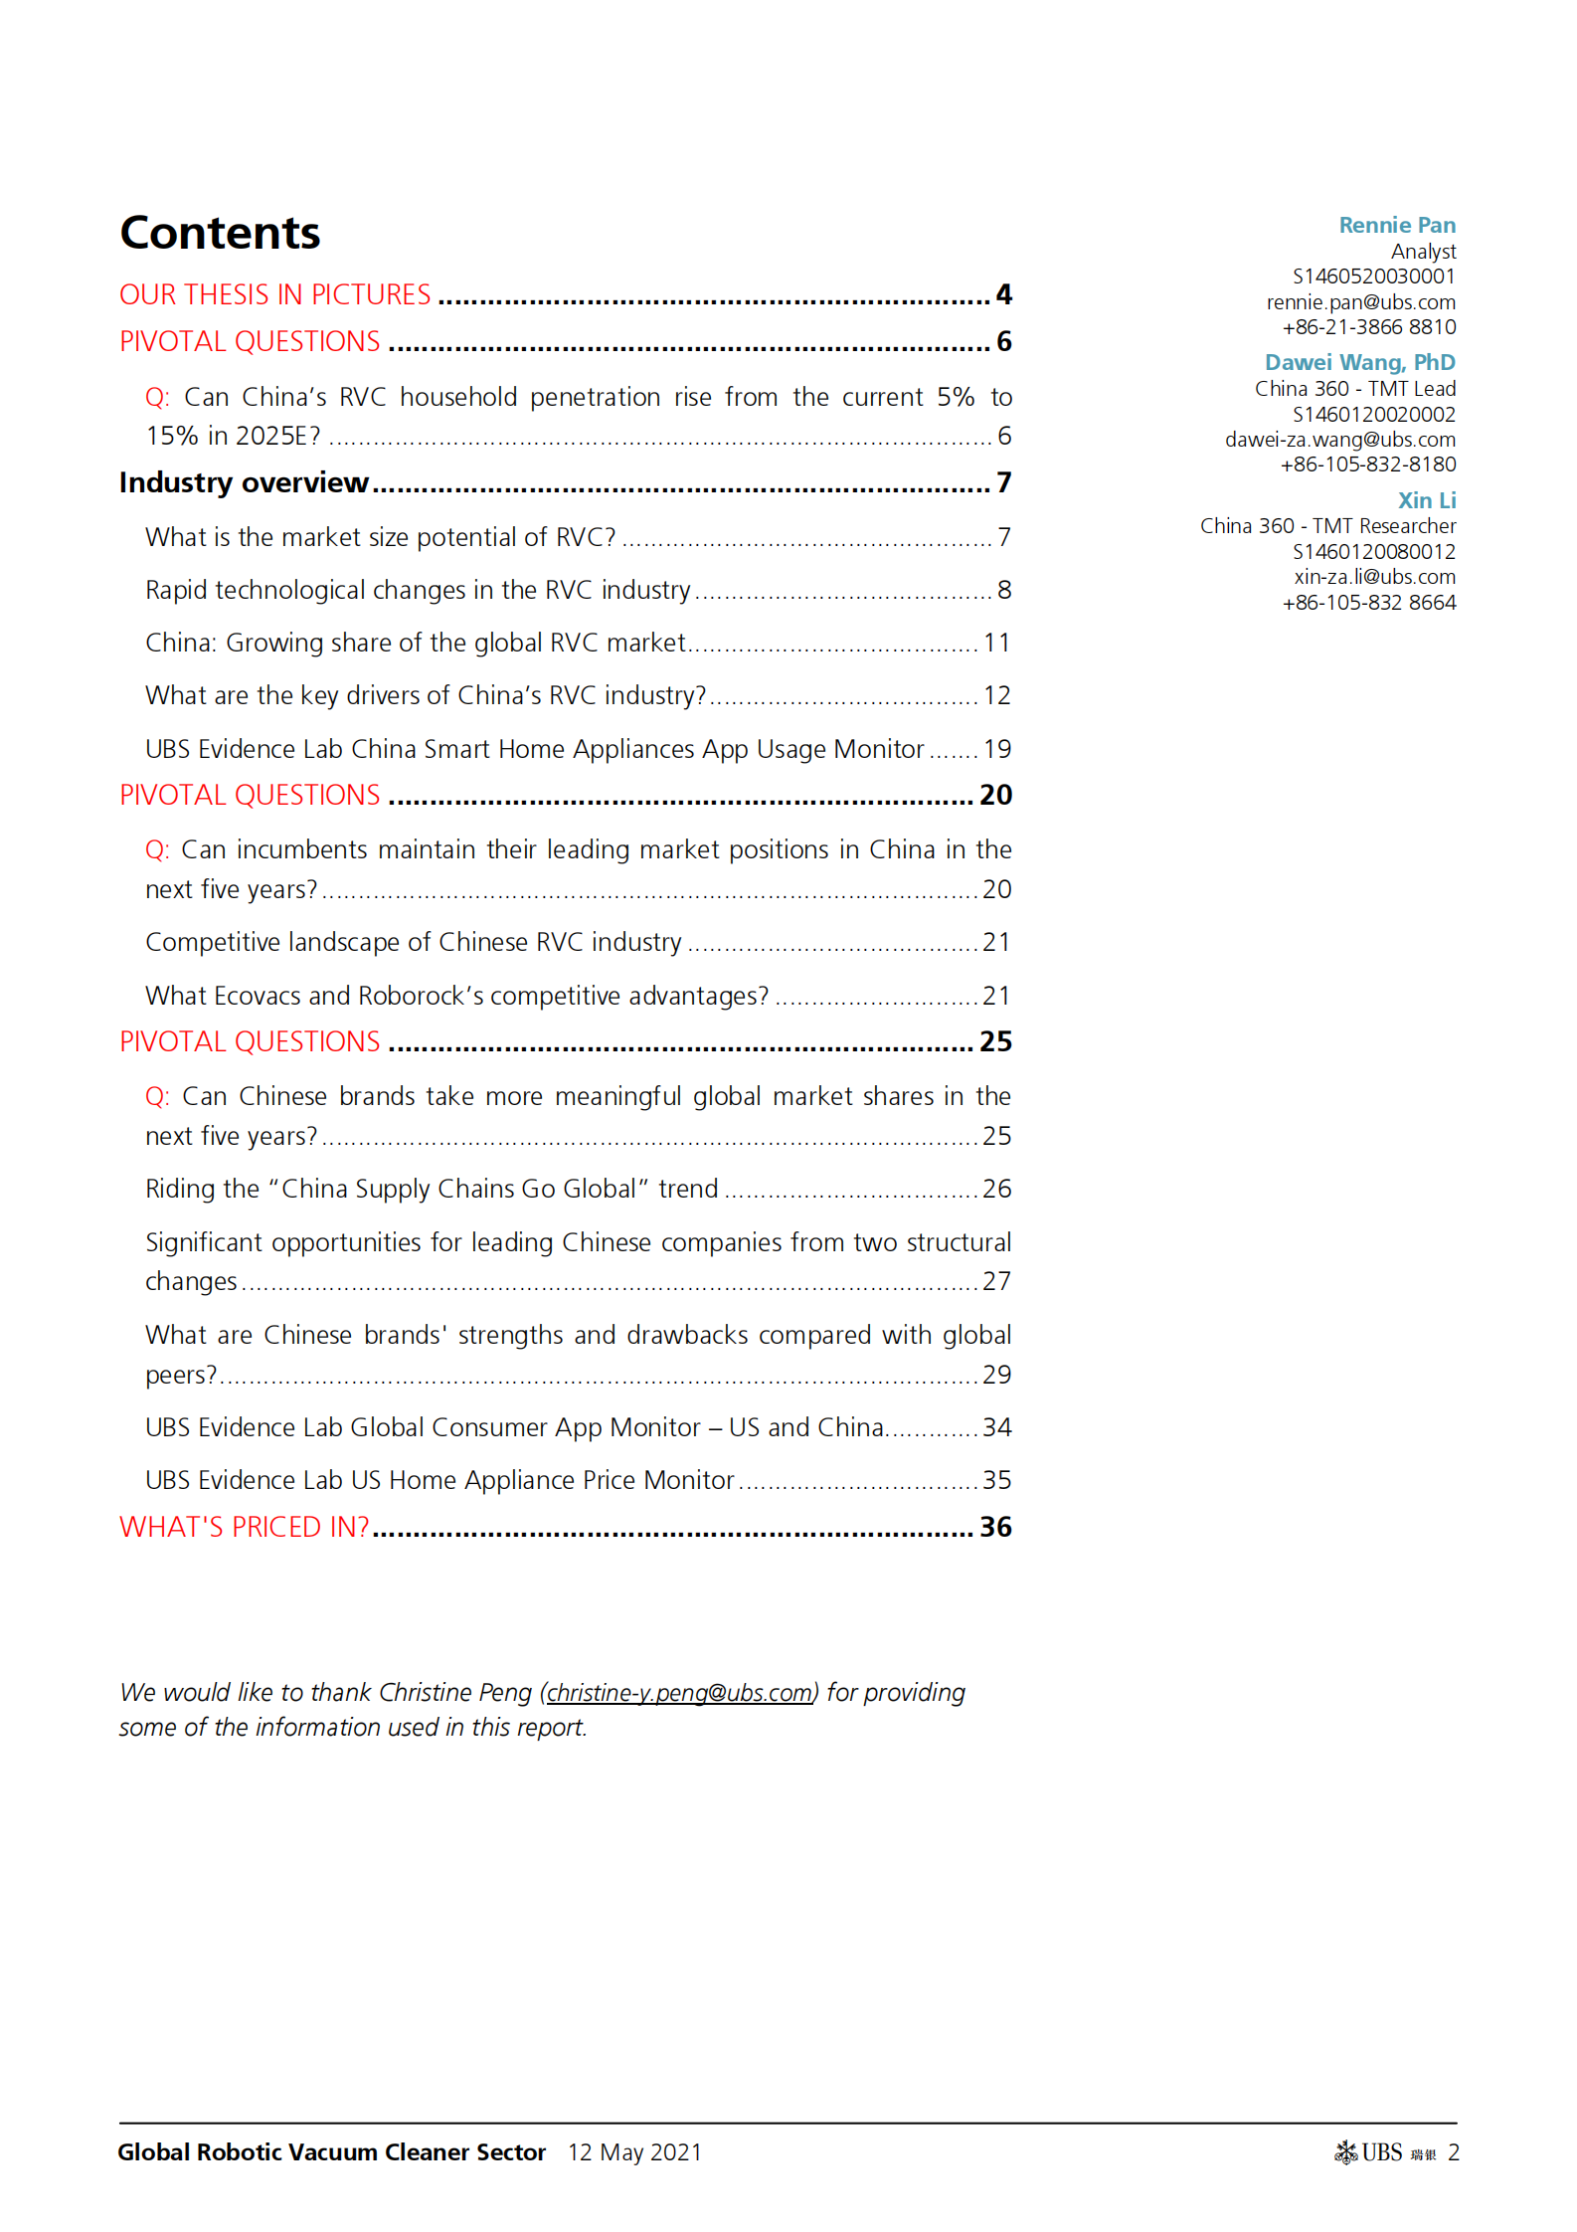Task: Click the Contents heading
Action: click(220, 234)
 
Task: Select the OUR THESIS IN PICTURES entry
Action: click(275, 295)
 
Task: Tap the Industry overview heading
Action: click(244, 483)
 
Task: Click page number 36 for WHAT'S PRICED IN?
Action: click(995, 1527)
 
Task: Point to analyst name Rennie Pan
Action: click(1396, 226)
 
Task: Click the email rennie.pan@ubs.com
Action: click(1360, 302)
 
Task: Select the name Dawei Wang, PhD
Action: click(1359, 363)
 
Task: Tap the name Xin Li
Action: click(1426, 500)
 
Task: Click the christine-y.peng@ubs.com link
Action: click(679, 1693)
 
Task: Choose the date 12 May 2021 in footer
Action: click(634, 2152)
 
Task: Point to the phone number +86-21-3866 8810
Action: click(1368, 327)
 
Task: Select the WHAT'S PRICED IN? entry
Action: click(245, 1527)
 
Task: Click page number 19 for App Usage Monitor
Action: click(996, 749)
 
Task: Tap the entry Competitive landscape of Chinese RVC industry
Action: click(414, 942)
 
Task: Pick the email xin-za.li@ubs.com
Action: click(1374, 577)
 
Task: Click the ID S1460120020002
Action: click(1373, 415)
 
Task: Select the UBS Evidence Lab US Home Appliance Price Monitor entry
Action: click(439, 1480)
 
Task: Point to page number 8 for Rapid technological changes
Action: click(1004, 590)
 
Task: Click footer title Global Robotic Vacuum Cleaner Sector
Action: click(332, 2152)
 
